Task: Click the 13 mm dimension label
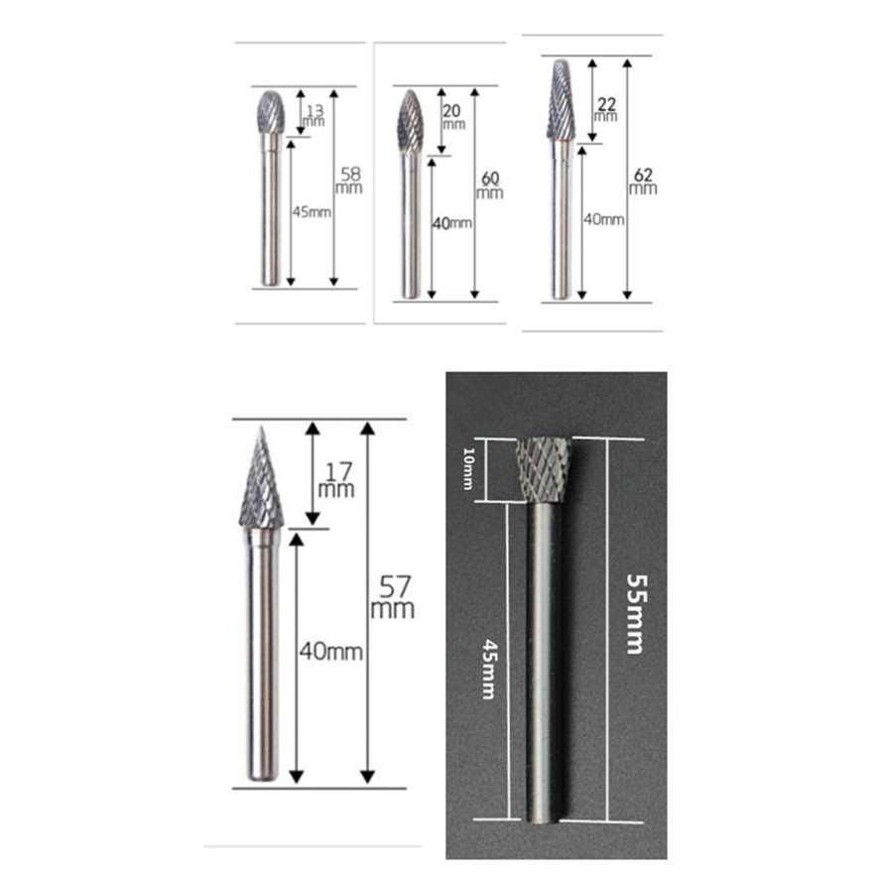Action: tap(315, 116)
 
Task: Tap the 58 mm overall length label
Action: tap(349, 181)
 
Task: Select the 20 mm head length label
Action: tap(453, 117)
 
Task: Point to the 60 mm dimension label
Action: tap(490, 185)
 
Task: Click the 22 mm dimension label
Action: tap(606, 109)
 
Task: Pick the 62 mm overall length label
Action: tap(643, 181)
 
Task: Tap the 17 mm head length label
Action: tap(336, 480)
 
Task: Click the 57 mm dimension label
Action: tap(393, 597)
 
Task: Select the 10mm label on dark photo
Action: tap(468, 468)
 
